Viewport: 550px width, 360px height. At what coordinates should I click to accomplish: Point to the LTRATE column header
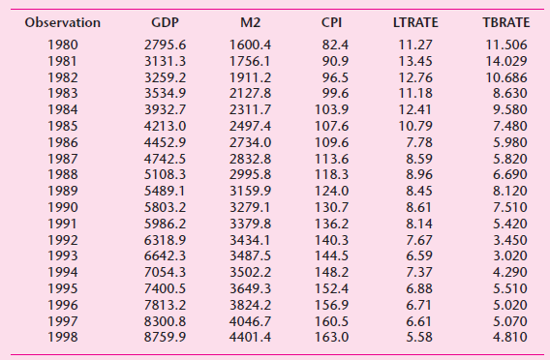coord(416,21)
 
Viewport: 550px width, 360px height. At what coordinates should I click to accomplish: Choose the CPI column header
coord(333,21)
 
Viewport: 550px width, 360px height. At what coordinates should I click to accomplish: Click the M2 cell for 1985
coord(249,125)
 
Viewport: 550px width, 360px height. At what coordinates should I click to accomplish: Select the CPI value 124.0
coord(333,190)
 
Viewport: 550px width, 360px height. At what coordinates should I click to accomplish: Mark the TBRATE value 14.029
coord(505,61)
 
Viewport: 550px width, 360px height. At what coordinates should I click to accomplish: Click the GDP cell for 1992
coord(164,238)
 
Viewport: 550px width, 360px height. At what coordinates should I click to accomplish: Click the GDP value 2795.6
coord(164,45)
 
